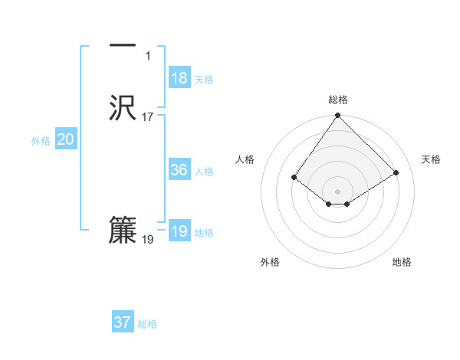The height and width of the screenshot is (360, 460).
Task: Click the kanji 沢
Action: click(123, 108)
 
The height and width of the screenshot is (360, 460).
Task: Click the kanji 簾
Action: click(123, 231)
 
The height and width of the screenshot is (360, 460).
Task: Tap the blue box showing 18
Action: click(179, 78)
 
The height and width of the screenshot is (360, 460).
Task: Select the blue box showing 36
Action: click(179, 170)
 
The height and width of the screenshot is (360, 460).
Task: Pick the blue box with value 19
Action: click(179, 231)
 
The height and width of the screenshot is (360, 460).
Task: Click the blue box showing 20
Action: click(66, 139)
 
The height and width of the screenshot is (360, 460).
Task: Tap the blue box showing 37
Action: click(123, 322)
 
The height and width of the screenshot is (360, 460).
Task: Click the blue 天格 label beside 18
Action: click(204, 80)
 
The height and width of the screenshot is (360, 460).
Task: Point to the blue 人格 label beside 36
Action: click(204, 172)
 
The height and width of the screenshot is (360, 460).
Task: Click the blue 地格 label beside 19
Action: click(204, 233)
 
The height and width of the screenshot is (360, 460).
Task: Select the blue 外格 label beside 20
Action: click(41, 141)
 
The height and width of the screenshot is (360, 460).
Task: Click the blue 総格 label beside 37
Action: click(147, 324)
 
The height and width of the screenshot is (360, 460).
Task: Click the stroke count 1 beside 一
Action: click(148, 56)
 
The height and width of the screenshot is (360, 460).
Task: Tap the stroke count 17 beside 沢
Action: click(148, 117)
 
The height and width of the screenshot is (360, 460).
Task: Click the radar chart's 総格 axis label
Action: click(338, 100)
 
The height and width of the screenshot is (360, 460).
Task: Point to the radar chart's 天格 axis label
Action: click(431, 159)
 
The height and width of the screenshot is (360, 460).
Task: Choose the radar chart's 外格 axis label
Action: click(270, 262)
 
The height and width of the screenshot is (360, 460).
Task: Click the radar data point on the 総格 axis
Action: click(338, 116)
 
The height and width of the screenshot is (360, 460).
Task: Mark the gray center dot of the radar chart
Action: click(338, 191)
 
